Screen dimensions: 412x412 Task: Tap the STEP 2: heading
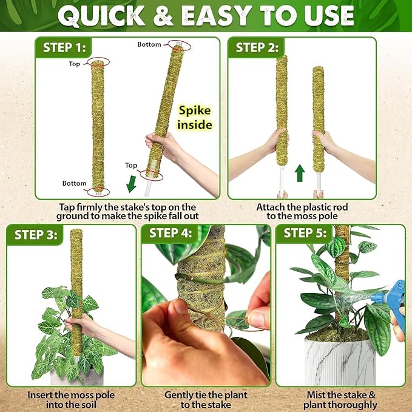point(259,47)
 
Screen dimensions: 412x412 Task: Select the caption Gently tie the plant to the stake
point(206,399)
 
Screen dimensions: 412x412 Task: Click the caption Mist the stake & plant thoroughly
point(341,399)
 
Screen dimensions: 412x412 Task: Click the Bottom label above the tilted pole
point(149,44)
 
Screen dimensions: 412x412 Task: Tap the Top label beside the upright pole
point(74,64)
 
